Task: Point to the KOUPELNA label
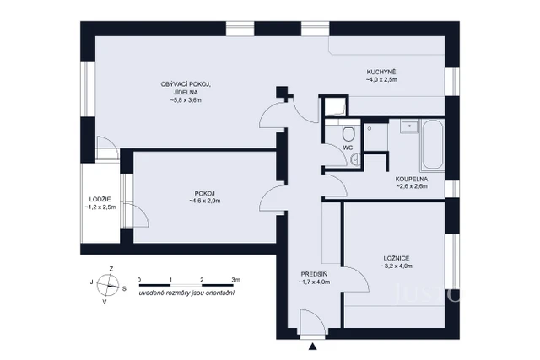411,179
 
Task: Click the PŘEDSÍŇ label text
314,274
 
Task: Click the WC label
347,148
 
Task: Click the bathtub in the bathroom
432,145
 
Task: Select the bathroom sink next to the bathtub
409,127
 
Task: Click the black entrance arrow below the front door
313,346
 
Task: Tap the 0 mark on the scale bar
139,278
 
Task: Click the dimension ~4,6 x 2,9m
206,201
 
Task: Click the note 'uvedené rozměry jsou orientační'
187,293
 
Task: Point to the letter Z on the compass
111,269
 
